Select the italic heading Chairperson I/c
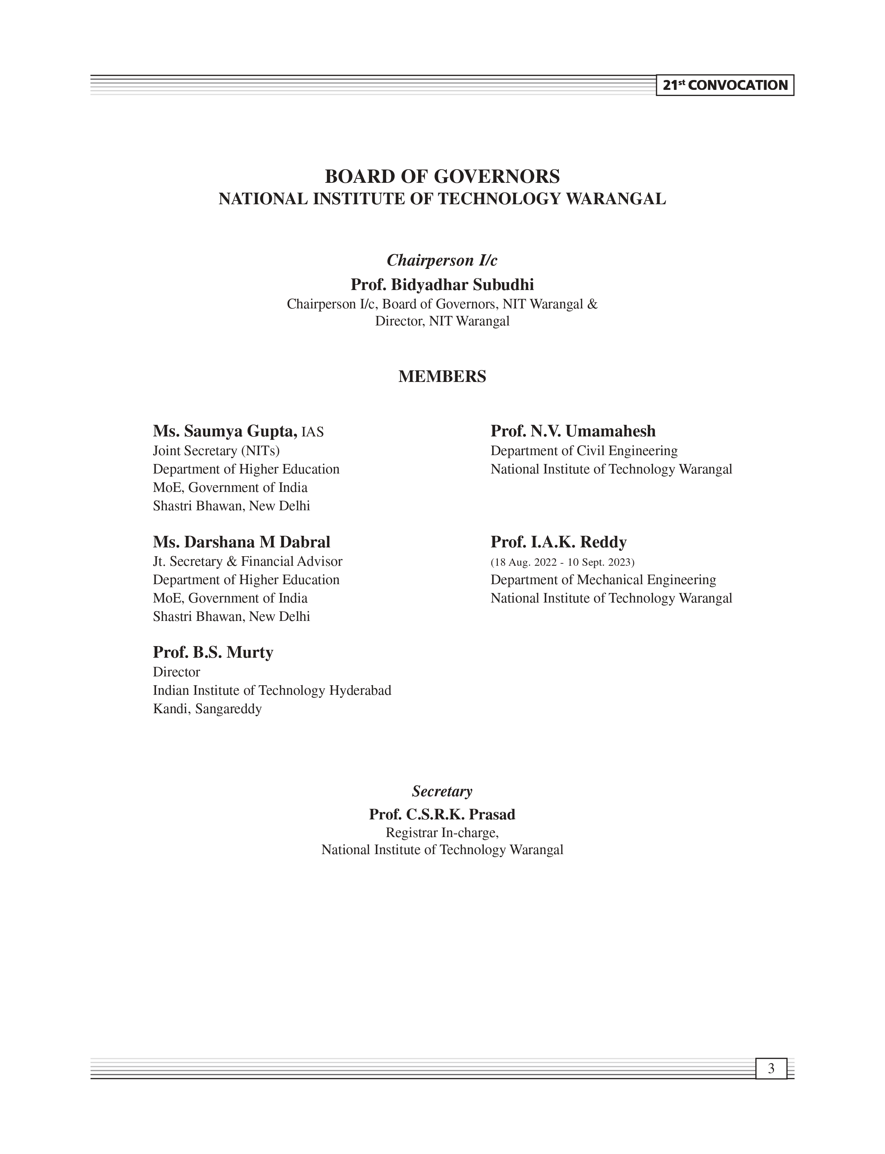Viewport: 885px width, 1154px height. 442,260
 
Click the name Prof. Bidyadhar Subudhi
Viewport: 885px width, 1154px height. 442,285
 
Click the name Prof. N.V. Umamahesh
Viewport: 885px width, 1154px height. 573,431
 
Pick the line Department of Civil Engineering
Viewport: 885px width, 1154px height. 584,451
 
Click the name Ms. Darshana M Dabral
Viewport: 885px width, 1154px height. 241,542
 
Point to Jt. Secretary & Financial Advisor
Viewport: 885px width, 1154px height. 248,561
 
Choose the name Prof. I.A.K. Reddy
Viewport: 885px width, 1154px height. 558,542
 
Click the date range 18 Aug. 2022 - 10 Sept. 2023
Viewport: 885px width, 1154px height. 562,562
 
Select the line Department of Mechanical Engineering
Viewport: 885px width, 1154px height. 603,580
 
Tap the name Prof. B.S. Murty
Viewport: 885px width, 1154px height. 213,653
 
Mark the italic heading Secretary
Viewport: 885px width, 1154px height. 442,791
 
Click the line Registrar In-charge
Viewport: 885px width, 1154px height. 442,833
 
